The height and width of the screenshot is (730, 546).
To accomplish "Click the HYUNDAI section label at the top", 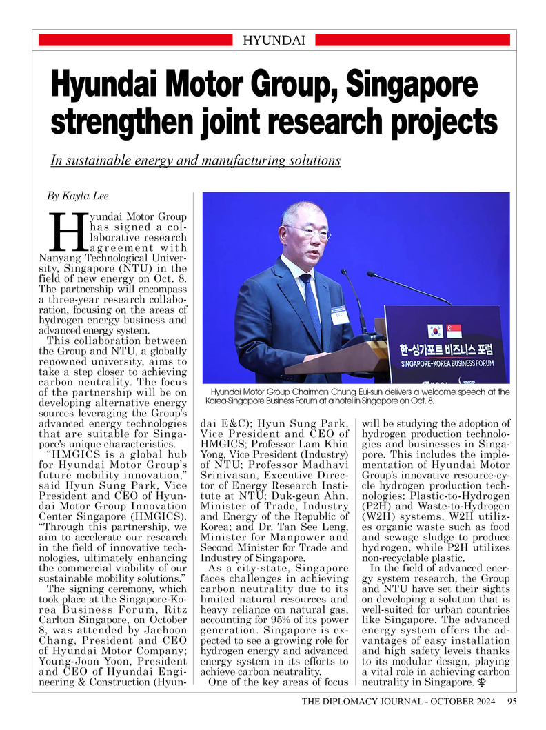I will coord(274,40).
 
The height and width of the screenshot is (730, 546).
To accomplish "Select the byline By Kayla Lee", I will coord(77,196).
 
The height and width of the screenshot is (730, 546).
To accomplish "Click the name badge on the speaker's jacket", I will coord(339,315).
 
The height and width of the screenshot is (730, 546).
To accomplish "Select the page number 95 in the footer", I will coord(512,702).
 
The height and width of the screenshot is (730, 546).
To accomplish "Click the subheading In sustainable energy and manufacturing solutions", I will coord(196,161).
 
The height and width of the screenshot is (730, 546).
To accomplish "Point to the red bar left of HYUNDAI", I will coord(134,41).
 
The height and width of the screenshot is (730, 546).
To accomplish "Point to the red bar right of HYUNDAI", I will coord(411,41).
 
